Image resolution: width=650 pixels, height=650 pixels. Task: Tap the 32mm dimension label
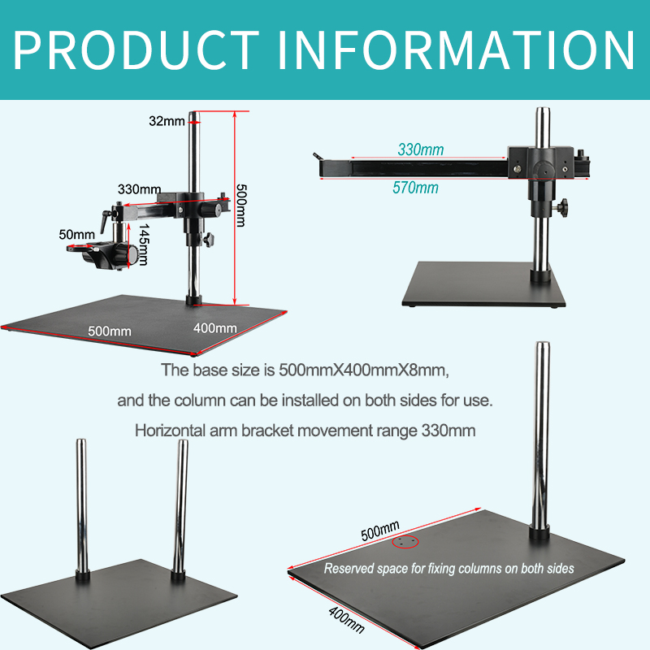[167, 121]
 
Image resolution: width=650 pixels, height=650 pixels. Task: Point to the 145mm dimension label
[143, 244]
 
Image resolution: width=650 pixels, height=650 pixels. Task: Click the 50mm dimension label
[77, 234]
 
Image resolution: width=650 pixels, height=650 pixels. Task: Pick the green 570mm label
[415, 188]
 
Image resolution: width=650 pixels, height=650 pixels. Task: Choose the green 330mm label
[421, 149]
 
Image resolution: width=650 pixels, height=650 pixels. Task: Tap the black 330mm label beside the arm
[139, 188]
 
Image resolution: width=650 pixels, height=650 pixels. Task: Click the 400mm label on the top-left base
[215, 328]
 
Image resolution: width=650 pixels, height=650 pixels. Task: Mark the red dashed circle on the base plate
[405, 542]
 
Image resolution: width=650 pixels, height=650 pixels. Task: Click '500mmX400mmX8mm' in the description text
[362, 370]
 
